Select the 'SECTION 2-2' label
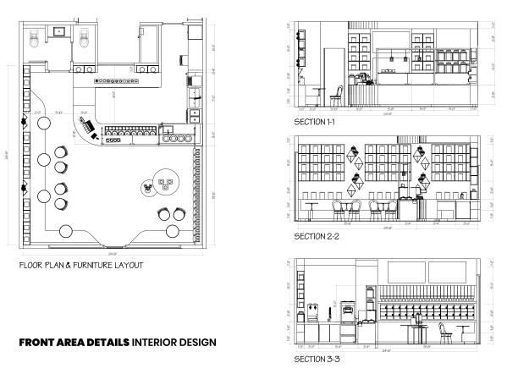(x=316, y=236)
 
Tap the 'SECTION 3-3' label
(x=316, y=360)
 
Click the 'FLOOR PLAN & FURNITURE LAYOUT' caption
(x=80, y=265)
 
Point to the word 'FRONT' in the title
(x=41, y=343)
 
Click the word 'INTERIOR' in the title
(x=157, y=343)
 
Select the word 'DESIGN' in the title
(x=200, y=343)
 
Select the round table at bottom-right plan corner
(x=174, y=231)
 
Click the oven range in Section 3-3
(x=347, y=332)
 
